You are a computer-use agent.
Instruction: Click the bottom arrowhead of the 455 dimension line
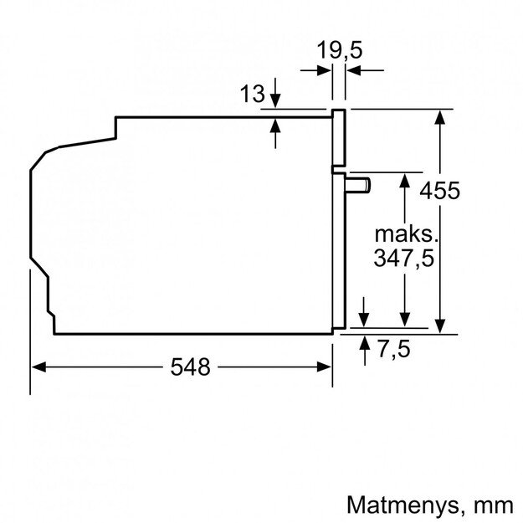tap(440, 327)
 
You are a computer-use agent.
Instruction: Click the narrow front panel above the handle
tap(339, 139)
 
